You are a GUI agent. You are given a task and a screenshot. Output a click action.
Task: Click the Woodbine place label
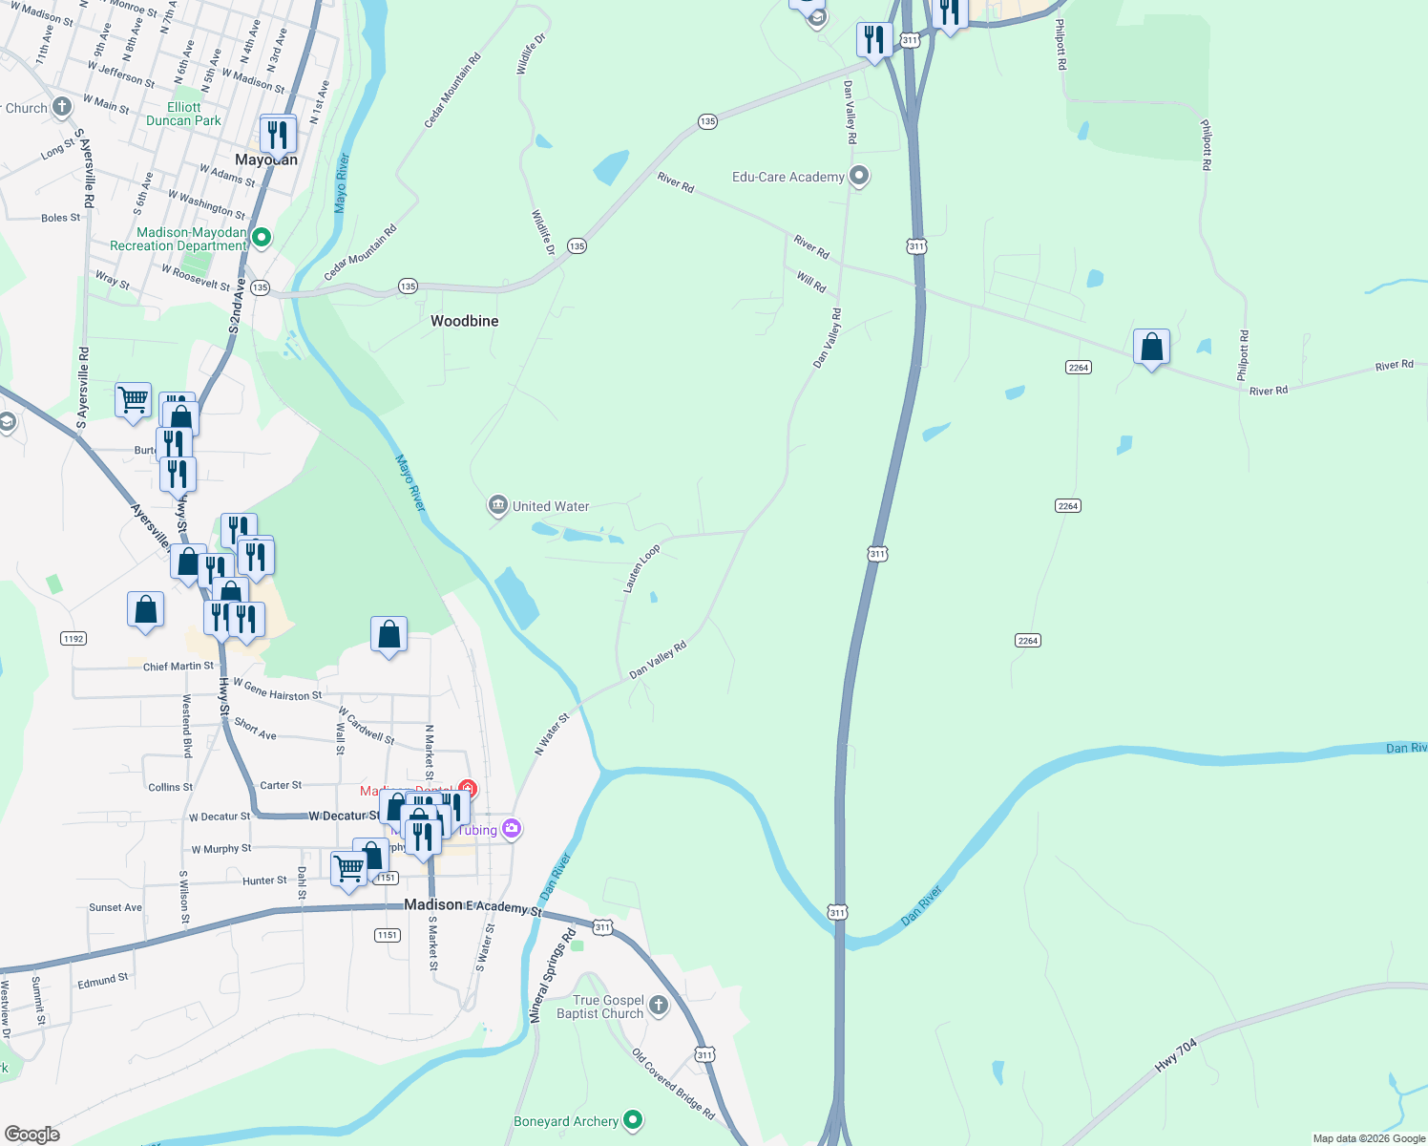click(464, 321)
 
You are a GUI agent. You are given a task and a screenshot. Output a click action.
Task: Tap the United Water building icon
click(497, 505)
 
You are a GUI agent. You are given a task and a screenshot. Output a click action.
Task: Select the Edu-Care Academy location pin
click(859, 177)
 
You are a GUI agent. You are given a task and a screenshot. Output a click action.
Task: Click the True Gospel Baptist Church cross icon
click(659, 1005)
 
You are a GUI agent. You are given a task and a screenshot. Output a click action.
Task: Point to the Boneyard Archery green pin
click(632, 1120)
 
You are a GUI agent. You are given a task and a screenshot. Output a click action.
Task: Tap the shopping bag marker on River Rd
click(1151, 347)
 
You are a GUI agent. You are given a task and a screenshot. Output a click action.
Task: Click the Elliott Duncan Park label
click(183, 114)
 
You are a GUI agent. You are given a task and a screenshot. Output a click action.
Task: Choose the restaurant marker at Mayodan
click(278, 134)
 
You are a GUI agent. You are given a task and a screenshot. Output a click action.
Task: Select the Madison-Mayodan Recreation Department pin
click(261, 237)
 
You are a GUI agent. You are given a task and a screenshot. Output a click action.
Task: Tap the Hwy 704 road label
click(1176, 1055)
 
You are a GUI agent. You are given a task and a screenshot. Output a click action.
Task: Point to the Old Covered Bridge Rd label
click(673, 1084)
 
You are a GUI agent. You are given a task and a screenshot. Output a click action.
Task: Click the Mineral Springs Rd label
click(554, 975)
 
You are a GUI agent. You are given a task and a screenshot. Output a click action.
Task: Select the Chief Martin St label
click(178, 667)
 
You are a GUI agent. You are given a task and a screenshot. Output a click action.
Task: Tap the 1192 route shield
click(73, 638)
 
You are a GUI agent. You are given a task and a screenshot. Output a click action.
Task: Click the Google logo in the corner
click(32, 1135)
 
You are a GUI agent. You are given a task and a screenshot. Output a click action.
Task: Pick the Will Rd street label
click(811, 282)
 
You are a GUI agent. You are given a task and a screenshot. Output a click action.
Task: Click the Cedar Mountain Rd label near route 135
click(360, 254)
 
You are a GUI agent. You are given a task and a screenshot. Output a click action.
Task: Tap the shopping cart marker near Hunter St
click(348, 869)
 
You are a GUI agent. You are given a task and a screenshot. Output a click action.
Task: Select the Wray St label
click(113, 280)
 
